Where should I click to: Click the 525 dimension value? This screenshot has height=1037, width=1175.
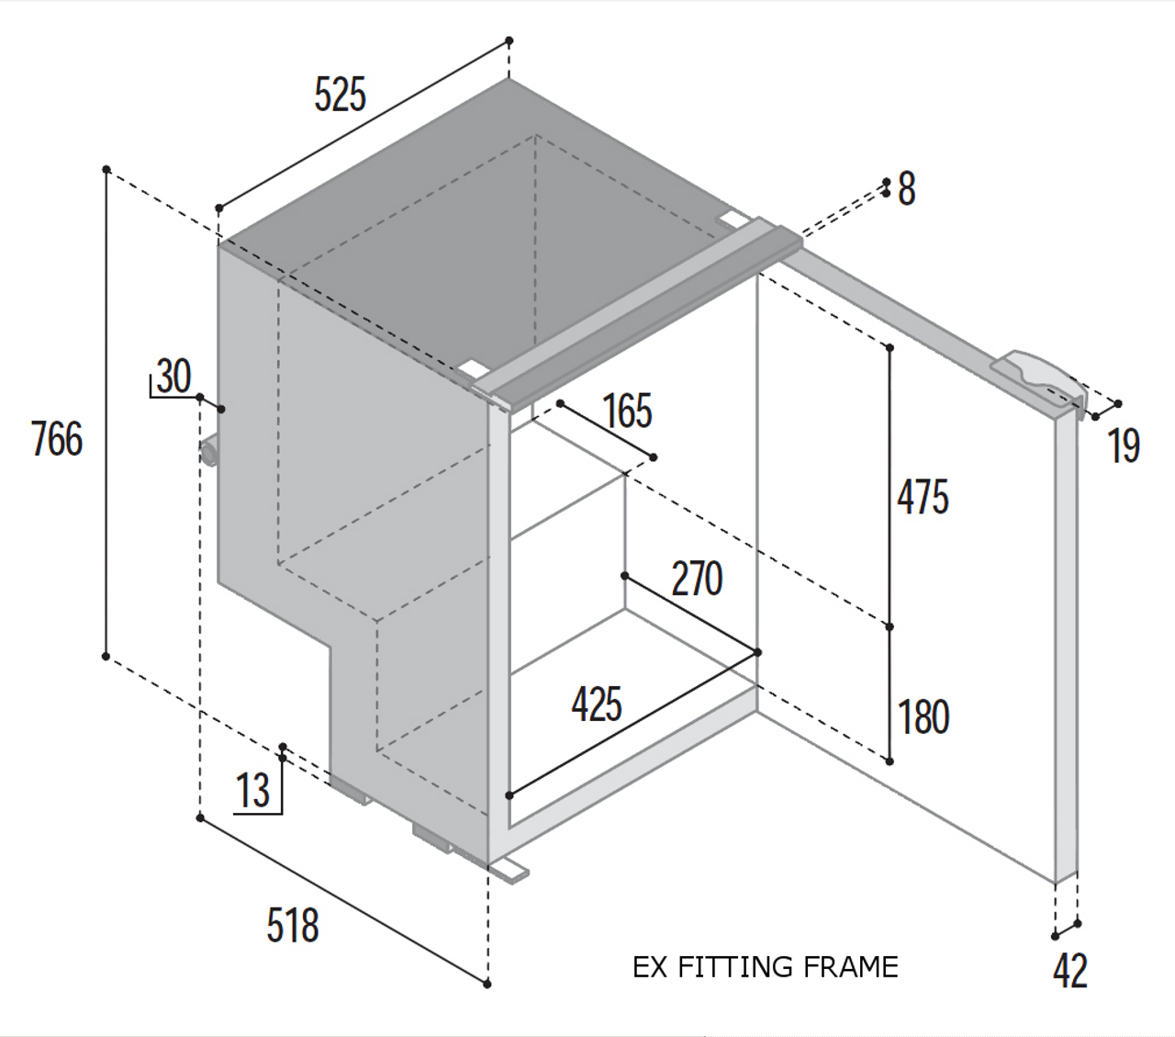(x=341, y=95)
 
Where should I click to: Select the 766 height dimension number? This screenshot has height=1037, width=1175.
(x=57, y=439)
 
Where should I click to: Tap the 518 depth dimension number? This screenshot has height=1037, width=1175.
(x=293, y=926)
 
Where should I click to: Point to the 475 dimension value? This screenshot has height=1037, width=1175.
(x=923, y=497)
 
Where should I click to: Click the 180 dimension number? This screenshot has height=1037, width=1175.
(x=923, y=717)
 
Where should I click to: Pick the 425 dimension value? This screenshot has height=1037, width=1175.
(x=597, y=704)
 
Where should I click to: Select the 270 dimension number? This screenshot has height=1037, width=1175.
(x=697, y=579)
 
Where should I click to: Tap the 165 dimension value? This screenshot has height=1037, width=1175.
(x=628, y=411)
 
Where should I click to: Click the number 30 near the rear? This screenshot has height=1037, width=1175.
(x=173, y=376)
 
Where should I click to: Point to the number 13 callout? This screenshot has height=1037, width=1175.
(x=253, y=790)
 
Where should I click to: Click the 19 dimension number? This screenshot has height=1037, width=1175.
(x=1124, y=445)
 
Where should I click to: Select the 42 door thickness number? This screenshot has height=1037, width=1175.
(x=1070, y=970)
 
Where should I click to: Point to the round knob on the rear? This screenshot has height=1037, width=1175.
(x=207, y=452)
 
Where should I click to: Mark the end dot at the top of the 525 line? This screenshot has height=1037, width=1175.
(x=509, y=40)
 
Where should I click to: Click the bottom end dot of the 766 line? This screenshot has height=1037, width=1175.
(x=106, y=657)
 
